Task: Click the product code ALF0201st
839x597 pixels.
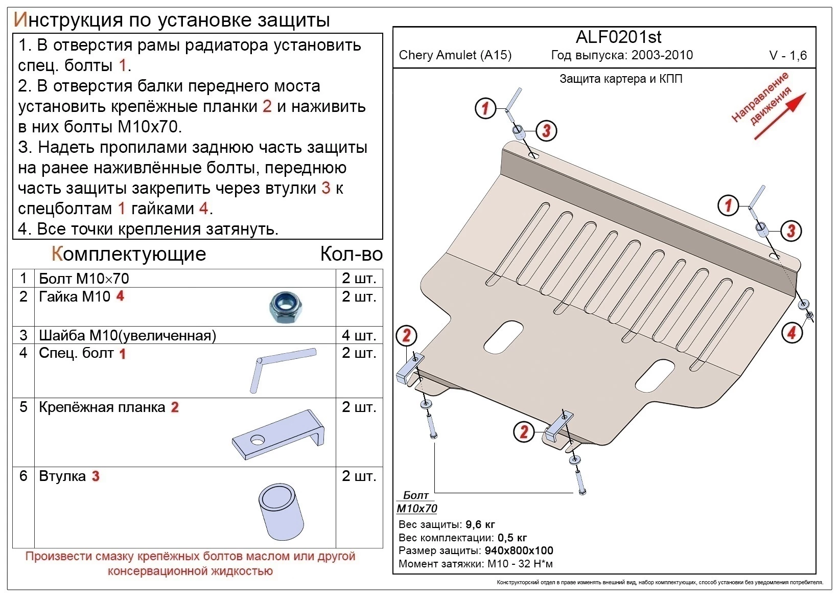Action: (618, 37)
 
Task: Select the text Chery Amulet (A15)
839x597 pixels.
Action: (455, 55)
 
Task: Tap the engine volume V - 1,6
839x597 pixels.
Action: (787, 56)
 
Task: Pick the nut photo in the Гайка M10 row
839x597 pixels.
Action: (284, 307)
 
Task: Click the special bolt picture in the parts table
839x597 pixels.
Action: (282, 369)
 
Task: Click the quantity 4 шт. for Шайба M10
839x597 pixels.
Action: (359, 335)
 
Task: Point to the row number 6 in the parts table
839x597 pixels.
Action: (24, 476)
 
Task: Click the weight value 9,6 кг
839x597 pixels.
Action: (480, 524)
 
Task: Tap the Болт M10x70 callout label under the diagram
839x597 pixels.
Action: (416, 502)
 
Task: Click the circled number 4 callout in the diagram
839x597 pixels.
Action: (791, 333)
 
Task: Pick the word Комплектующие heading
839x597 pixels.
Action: (129, 254)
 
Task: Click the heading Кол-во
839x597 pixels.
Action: (351, 254)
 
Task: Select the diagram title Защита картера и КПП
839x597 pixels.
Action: (621, 79)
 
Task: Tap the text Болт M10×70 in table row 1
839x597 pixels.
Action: (84, 279)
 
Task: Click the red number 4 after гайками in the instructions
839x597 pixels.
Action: (203, 209)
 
